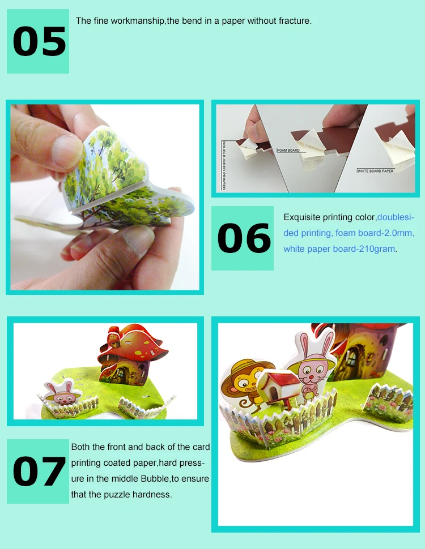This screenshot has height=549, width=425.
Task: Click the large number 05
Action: pyautogui.click(x=39, y=42)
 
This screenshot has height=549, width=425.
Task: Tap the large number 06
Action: pyautogui.click(x=244, y=238)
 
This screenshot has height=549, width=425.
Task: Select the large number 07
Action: pyautogui.click(x=39, y=471)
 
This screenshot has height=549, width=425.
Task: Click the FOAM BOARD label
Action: pyautogui.click(x=288, y=150)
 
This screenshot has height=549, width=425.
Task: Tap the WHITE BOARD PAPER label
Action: pyautogui.click(x=375, y=171)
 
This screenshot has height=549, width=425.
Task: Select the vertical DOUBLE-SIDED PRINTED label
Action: pyautogui.click(x=224, y=165)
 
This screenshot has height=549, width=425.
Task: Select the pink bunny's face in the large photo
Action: pyautogui.click(x=312, y=373)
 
